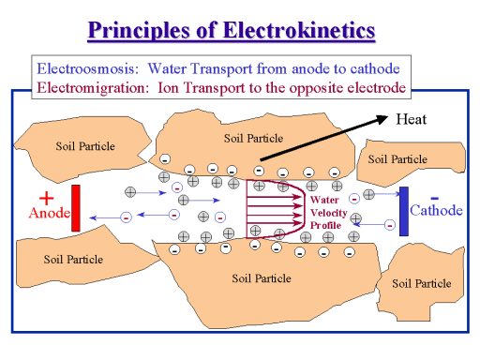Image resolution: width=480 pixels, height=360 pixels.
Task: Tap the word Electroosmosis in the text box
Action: pyautogui.click(x=81, y=68)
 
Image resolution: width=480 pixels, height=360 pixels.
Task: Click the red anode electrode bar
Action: pyautogui.click(x=76, y=209)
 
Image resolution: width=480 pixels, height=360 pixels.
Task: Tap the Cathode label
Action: pyautogui.click(x=437, y=210)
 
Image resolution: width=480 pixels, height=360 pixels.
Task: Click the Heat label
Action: pyautogui.click(x=412, y=119)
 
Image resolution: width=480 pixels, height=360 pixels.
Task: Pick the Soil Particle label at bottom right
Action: pyautogui.click(x=421, y=283)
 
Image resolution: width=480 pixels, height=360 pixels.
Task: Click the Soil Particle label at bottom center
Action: pyautogui.click(x=261, y=277)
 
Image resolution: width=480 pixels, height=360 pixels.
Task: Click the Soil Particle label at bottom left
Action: pyautogui.click(x=73, y=259)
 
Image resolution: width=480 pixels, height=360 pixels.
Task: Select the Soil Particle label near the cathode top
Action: pyautogui.click(x=397, y=158)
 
